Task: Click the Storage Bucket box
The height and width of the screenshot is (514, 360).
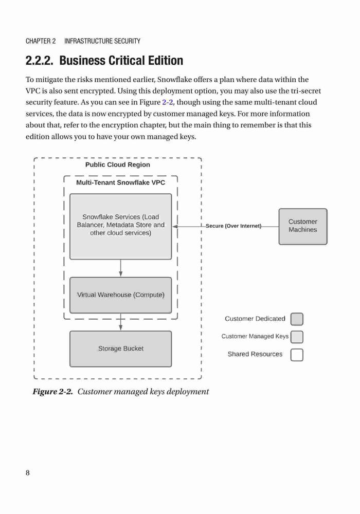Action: tap(121, 349)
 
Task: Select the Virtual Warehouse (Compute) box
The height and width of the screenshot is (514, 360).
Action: tap(121, 295)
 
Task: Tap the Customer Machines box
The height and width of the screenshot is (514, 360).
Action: tap(303, 227)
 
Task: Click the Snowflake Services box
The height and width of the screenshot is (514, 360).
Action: tap(121, 227)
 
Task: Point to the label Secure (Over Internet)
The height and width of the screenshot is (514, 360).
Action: tap(233, 226)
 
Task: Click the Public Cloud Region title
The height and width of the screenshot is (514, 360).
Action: tap(118, 164)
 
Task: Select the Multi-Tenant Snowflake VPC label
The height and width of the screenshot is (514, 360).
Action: tap(121, 182)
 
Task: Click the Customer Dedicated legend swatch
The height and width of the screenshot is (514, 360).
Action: tap(297, 319)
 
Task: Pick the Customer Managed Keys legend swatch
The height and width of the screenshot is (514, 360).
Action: tap(297, 337)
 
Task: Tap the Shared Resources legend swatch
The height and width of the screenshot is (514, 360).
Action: tap(297, 355)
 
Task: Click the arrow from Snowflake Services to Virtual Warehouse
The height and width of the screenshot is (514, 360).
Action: tap(121, 268)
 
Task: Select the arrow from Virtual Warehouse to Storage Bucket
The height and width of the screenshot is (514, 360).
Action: tap(121, 322)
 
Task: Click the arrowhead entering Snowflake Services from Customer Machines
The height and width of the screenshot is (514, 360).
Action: tap(175, 227)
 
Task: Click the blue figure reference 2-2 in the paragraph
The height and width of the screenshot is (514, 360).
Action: tap(168, 102)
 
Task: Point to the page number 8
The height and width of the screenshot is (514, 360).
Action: tap(28, 473)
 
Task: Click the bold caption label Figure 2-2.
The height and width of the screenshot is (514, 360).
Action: tap(52, 392)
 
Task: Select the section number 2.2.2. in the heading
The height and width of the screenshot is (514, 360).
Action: tap(40, 61)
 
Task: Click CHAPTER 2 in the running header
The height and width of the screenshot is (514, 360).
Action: tap(41, 41)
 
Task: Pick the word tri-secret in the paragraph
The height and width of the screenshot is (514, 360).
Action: tap(306, 91)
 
